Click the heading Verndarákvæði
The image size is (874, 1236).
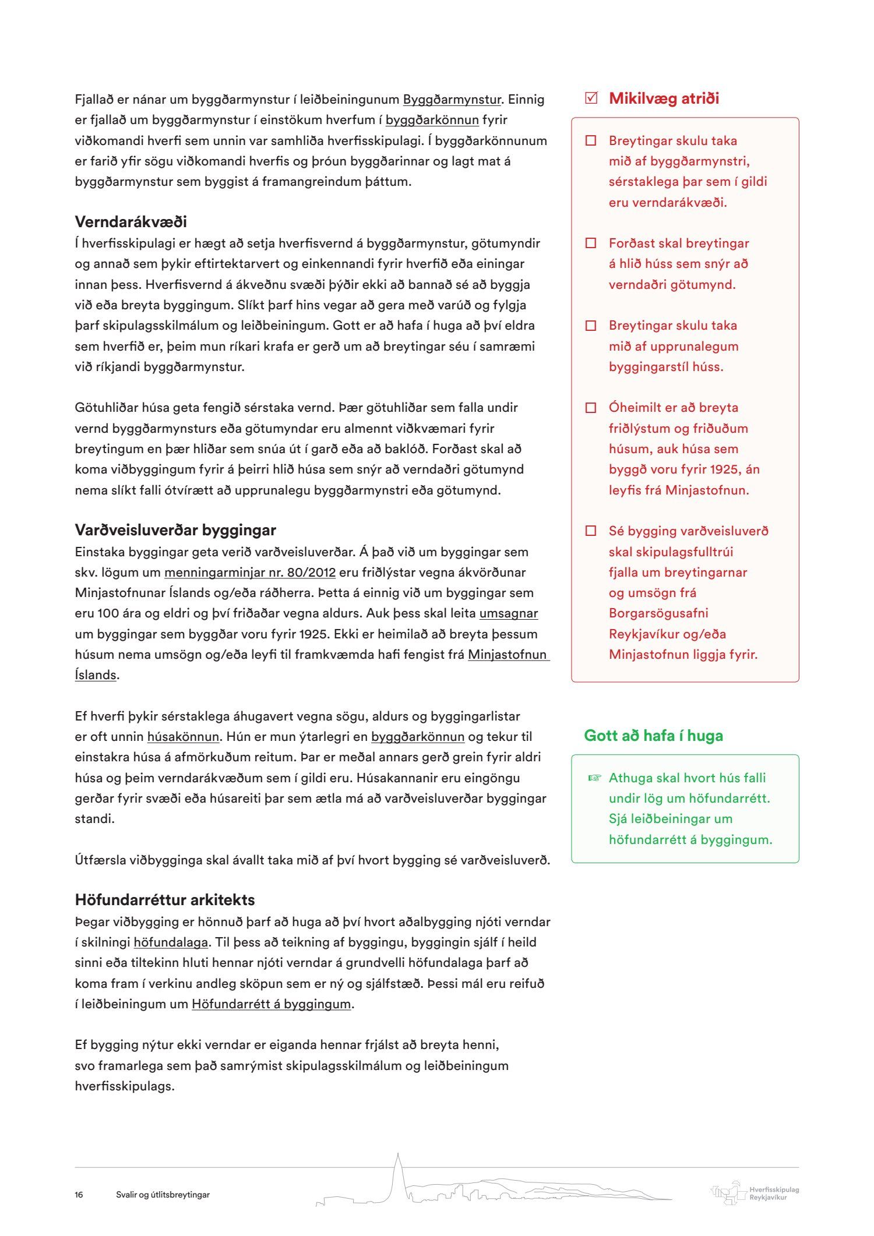pos(131,222)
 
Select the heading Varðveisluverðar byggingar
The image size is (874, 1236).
pos(175,530)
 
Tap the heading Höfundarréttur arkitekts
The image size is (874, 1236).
pos(164,900)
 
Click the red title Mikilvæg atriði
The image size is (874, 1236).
pos(664,98)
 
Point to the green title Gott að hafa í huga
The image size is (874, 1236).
pos(653,736)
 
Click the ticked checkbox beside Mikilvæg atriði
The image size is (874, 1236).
pos(591,98)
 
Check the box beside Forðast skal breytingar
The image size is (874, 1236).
pos(591,243)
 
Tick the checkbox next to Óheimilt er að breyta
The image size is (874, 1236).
pos(591,408)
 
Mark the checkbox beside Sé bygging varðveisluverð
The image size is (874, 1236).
pos(591,531)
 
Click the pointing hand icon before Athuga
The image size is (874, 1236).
pos(594,778)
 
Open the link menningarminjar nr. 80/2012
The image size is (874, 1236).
pos(249,573)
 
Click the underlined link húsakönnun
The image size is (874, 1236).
pos(183,737)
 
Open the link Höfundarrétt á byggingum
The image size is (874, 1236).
pos(272,1004)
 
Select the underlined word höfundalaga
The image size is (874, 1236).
pos(171,942)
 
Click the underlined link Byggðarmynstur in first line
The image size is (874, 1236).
pos(452,100)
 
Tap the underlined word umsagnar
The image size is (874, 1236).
pos(508,613)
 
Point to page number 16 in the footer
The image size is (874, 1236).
pos(79,1195)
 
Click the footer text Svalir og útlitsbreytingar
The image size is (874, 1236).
pos(163,1195)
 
